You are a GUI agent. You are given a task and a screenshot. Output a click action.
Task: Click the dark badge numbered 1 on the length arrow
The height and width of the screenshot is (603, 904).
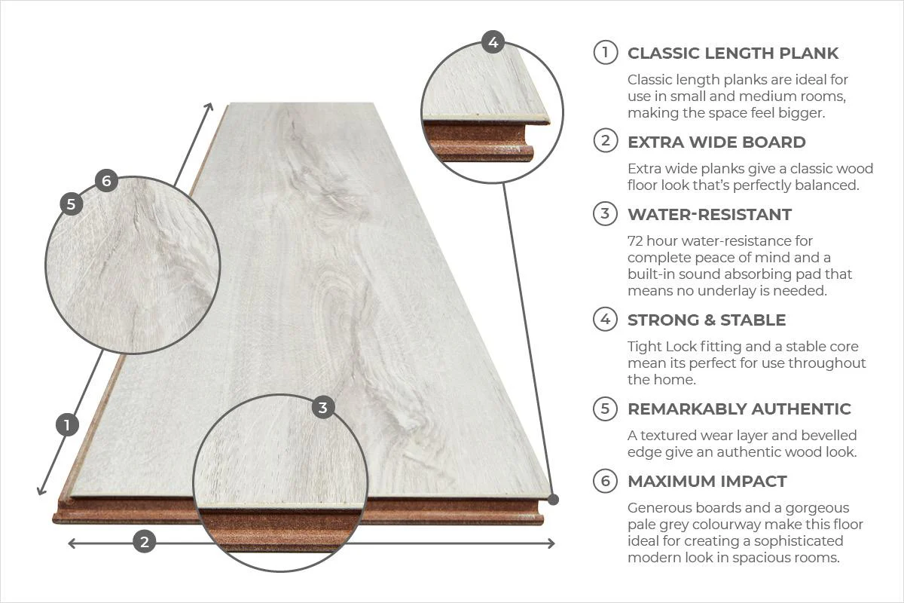68,425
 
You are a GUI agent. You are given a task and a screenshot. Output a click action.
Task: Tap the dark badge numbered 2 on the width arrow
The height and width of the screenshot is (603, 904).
145,541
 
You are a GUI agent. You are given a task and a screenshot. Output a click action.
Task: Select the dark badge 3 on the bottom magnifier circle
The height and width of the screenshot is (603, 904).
323,408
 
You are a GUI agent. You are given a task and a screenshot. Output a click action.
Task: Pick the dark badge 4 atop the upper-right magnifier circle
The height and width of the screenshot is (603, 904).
493,42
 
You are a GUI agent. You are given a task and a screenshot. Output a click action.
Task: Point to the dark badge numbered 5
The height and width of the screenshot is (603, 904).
72,204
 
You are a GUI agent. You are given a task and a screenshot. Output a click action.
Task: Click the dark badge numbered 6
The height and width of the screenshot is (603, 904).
106,181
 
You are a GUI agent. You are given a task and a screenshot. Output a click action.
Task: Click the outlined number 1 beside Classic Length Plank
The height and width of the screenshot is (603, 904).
605,53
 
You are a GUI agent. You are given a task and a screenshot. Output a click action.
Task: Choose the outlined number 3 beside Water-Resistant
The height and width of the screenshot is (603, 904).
605,214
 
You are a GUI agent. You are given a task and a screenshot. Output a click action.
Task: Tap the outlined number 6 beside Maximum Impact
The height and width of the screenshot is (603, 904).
605,481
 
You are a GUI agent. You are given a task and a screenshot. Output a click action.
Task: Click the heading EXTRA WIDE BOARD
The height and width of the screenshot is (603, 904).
716,142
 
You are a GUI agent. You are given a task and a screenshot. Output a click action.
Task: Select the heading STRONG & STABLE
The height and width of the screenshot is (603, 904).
706,320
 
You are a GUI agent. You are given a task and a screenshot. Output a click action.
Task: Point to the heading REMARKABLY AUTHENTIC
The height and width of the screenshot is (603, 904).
739,409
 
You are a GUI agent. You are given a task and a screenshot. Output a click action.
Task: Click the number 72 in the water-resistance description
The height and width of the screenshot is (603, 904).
636,241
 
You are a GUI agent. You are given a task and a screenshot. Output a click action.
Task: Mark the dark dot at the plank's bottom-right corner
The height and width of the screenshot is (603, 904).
554,499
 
